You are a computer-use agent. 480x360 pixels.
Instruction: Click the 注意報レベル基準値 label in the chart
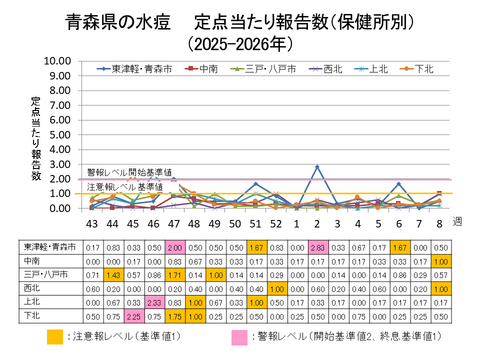tap(124, 187)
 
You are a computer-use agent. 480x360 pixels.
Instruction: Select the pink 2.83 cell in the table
tap(318, 247)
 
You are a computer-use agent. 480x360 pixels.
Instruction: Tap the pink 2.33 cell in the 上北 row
tap(154, 299)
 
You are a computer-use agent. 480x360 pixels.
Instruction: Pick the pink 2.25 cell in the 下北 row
tap(133, 313)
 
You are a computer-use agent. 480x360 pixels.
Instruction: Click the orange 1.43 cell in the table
tap(112, 273)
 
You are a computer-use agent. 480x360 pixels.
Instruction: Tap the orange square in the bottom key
tap(57, 338)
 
